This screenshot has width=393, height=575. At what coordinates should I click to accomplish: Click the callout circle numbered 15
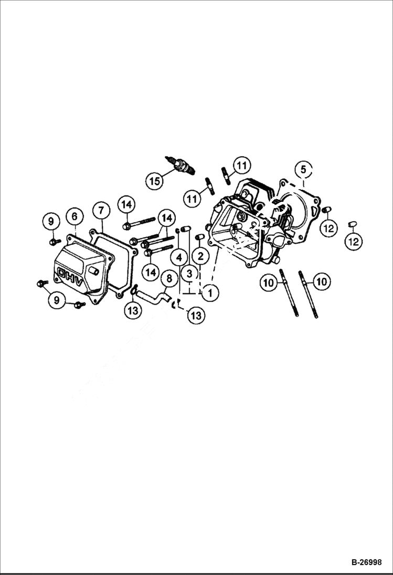[154, 181]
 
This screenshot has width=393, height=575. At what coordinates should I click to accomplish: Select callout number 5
[303, 169]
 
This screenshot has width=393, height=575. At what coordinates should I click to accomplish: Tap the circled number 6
[74, 216]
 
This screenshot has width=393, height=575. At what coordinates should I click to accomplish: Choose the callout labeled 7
[101, 210]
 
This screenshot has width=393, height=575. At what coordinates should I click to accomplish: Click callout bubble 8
[169, 278]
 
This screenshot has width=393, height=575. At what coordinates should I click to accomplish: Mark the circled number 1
[210, 292]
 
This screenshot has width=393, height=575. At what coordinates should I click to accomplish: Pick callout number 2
[200, 256]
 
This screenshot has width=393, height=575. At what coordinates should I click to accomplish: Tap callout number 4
[179, 257]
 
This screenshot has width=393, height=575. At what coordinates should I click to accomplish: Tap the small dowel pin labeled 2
[199, 238]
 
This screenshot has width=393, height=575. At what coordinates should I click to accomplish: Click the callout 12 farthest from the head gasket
[353, 241]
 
